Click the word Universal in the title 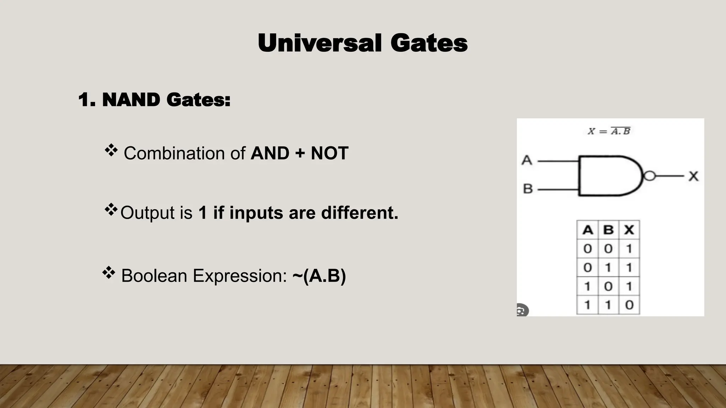[319, 43]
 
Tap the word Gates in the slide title [429, 43]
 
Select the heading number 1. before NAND [87, 100]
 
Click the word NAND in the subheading [131, 100]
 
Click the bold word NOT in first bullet [329, 153]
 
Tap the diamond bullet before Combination [111, 150]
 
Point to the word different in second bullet [359, 213]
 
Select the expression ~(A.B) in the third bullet [319, 276]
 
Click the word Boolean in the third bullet [154, 276]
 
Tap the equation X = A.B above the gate [609, 131]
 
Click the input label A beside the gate [527, 160]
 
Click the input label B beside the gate [528, 189]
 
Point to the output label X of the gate [693, 176]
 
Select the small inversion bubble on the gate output [649, 176]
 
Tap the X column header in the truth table [629, 230]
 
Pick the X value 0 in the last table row [629, 305]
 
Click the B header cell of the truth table [608, 230]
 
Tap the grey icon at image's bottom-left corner [522, 310]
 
